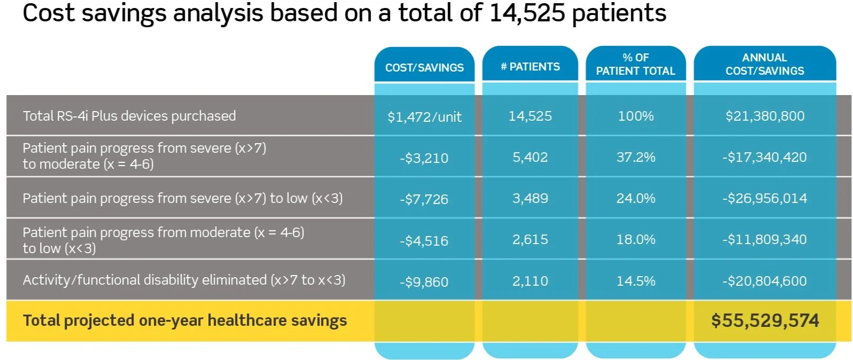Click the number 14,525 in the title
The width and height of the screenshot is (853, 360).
[527, 13]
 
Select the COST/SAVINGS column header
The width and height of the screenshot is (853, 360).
[425, 67]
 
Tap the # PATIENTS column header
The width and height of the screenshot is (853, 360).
[530, 67]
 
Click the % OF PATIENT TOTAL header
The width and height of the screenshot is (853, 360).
[636, 64]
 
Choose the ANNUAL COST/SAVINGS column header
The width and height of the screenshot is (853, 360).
[764, 64]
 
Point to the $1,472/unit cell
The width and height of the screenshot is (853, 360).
[425, 116]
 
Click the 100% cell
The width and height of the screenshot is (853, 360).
[636, 116]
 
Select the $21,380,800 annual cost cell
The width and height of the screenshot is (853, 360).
[764, 116]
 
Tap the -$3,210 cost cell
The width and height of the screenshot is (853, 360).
[424, 158]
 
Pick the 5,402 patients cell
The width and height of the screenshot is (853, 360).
[530, 157]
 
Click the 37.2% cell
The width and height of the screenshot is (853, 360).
[636, 157]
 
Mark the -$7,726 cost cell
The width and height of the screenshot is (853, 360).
[424, 199]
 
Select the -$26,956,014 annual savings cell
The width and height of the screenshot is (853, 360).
[764, 198]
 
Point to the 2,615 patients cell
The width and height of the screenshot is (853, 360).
[530, 239]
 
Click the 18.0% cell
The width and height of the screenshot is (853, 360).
[636, 239]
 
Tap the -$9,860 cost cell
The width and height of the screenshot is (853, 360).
[424, 281]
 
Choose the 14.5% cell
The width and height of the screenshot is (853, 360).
[636, 281]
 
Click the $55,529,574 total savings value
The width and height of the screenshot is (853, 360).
[764, 320]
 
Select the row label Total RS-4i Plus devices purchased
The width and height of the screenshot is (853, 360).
[129, 116]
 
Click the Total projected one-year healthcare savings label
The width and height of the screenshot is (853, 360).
[185, 320]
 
